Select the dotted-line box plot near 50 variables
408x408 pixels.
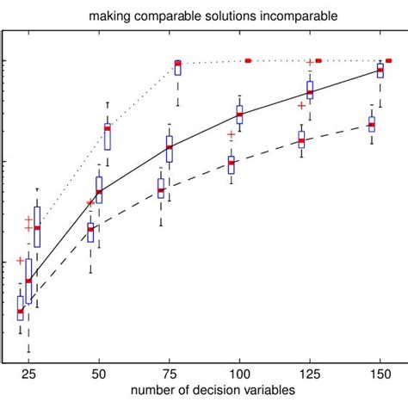point(108,136)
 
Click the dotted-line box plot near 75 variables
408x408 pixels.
point(178,67)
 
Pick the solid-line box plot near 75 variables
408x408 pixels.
point(170,148)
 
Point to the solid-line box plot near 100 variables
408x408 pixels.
point(239,114)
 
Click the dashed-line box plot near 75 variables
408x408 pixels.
point(161,189)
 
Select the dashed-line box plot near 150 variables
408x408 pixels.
point(372,124)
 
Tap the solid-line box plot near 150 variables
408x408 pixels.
point(380,71)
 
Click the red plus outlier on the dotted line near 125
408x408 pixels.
point(310,63)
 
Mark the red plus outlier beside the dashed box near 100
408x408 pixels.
point(231,134)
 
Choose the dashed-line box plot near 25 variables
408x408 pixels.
point(21,308)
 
